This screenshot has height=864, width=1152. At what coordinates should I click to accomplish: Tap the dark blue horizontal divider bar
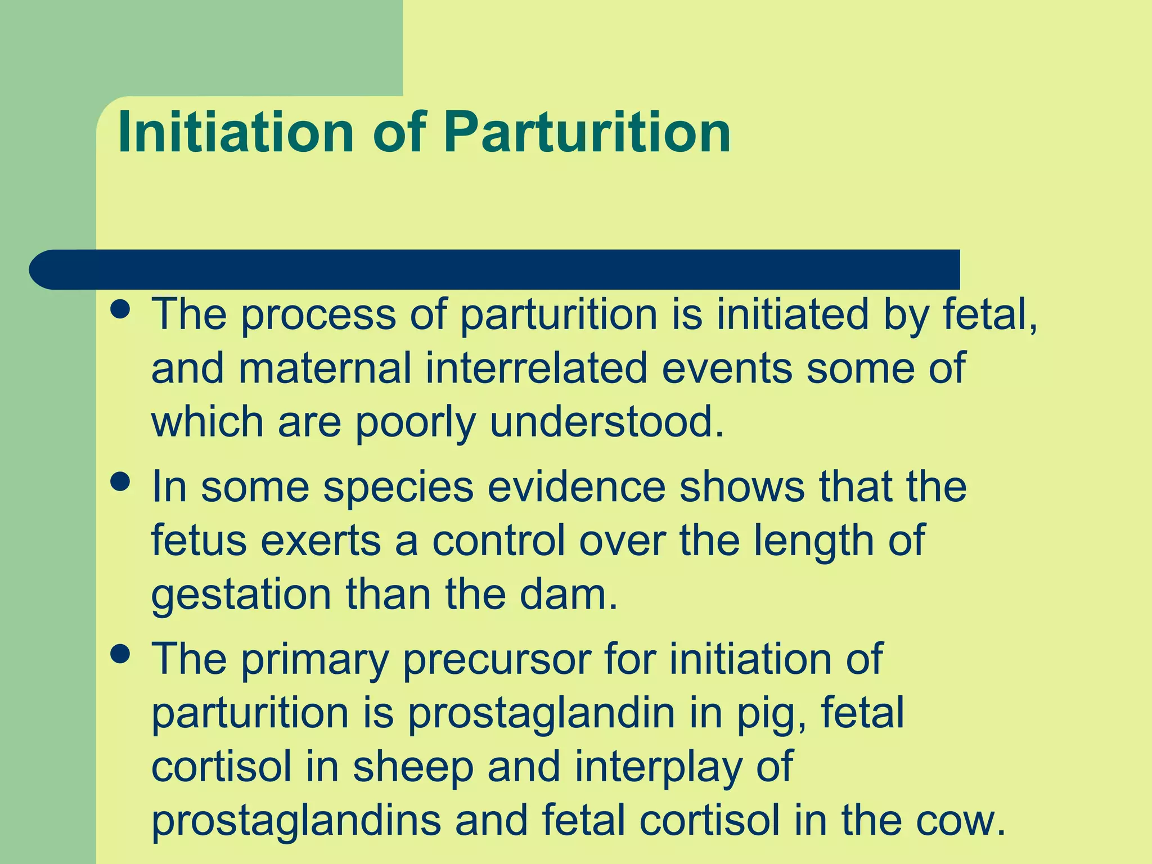(x=495, y=269)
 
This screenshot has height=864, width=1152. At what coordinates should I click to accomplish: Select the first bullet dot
(x=120, y=309)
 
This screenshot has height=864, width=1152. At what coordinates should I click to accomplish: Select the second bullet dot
(x=120, y=481)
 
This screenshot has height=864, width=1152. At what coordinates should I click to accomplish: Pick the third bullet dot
(x=120, y=654)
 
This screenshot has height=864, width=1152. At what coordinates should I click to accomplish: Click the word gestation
(x=241, y=596)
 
